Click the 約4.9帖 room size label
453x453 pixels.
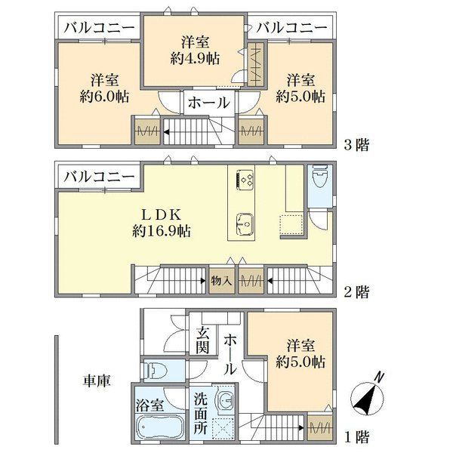coord(195,59)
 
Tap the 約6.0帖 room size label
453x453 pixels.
coord(104,97)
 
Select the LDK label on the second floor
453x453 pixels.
coord(161,214)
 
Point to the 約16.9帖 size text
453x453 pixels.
coord(162,231)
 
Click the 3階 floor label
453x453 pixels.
coord(356,145)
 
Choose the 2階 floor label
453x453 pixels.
coord(356,292)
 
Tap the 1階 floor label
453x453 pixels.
coord(357,437)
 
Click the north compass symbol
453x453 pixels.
coord(368,396)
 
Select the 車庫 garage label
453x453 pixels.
coord(97,381)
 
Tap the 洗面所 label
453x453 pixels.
coord(201,414)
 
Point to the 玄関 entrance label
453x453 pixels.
coord(202,341)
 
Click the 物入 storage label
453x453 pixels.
coord(221,281)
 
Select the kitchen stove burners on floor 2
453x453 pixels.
coord(245,180)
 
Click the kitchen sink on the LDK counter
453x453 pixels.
coord(245,224)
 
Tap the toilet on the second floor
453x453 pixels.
coord(320,177)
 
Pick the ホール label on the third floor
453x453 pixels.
coord(209,103)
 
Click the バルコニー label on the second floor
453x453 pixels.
coord(99,177)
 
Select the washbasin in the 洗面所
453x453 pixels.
coord(225,400)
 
